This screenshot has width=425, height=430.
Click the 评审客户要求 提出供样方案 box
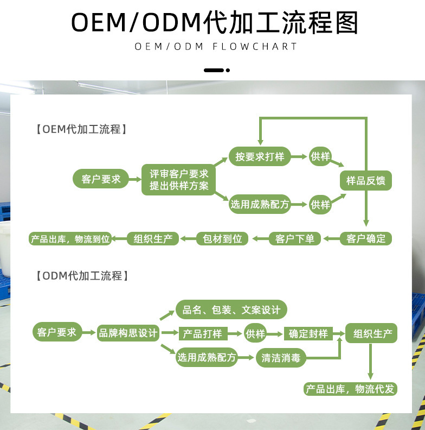click(x=179, y=180)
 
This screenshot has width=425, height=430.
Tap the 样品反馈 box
click(x=365, y=181)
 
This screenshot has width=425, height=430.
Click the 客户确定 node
click(x=365, y=238)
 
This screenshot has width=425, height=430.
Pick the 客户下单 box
click(x=295, y=238)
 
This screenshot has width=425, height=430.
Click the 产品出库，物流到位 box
click(x=70, y=238)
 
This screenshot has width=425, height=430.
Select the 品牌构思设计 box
click(x=128, y=333)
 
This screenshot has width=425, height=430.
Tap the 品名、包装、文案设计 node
click(x=231, y=310)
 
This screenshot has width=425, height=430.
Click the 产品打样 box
click(x=202, y=333)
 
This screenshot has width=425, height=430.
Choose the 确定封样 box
click(x=308, y=333)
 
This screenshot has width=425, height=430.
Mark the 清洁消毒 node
click(x=281, y=358)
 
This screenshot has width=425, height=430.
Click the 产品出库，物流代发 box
click(x=350, y=389)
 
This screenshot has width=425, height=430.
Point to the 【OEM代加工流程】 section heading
click(x=81, y=129)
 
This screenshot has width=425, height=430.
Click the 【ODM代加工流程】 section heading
click(x=81, y=276)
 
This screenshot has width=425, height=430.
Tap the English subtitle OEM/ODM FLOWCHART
click(x=216, y=47)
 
